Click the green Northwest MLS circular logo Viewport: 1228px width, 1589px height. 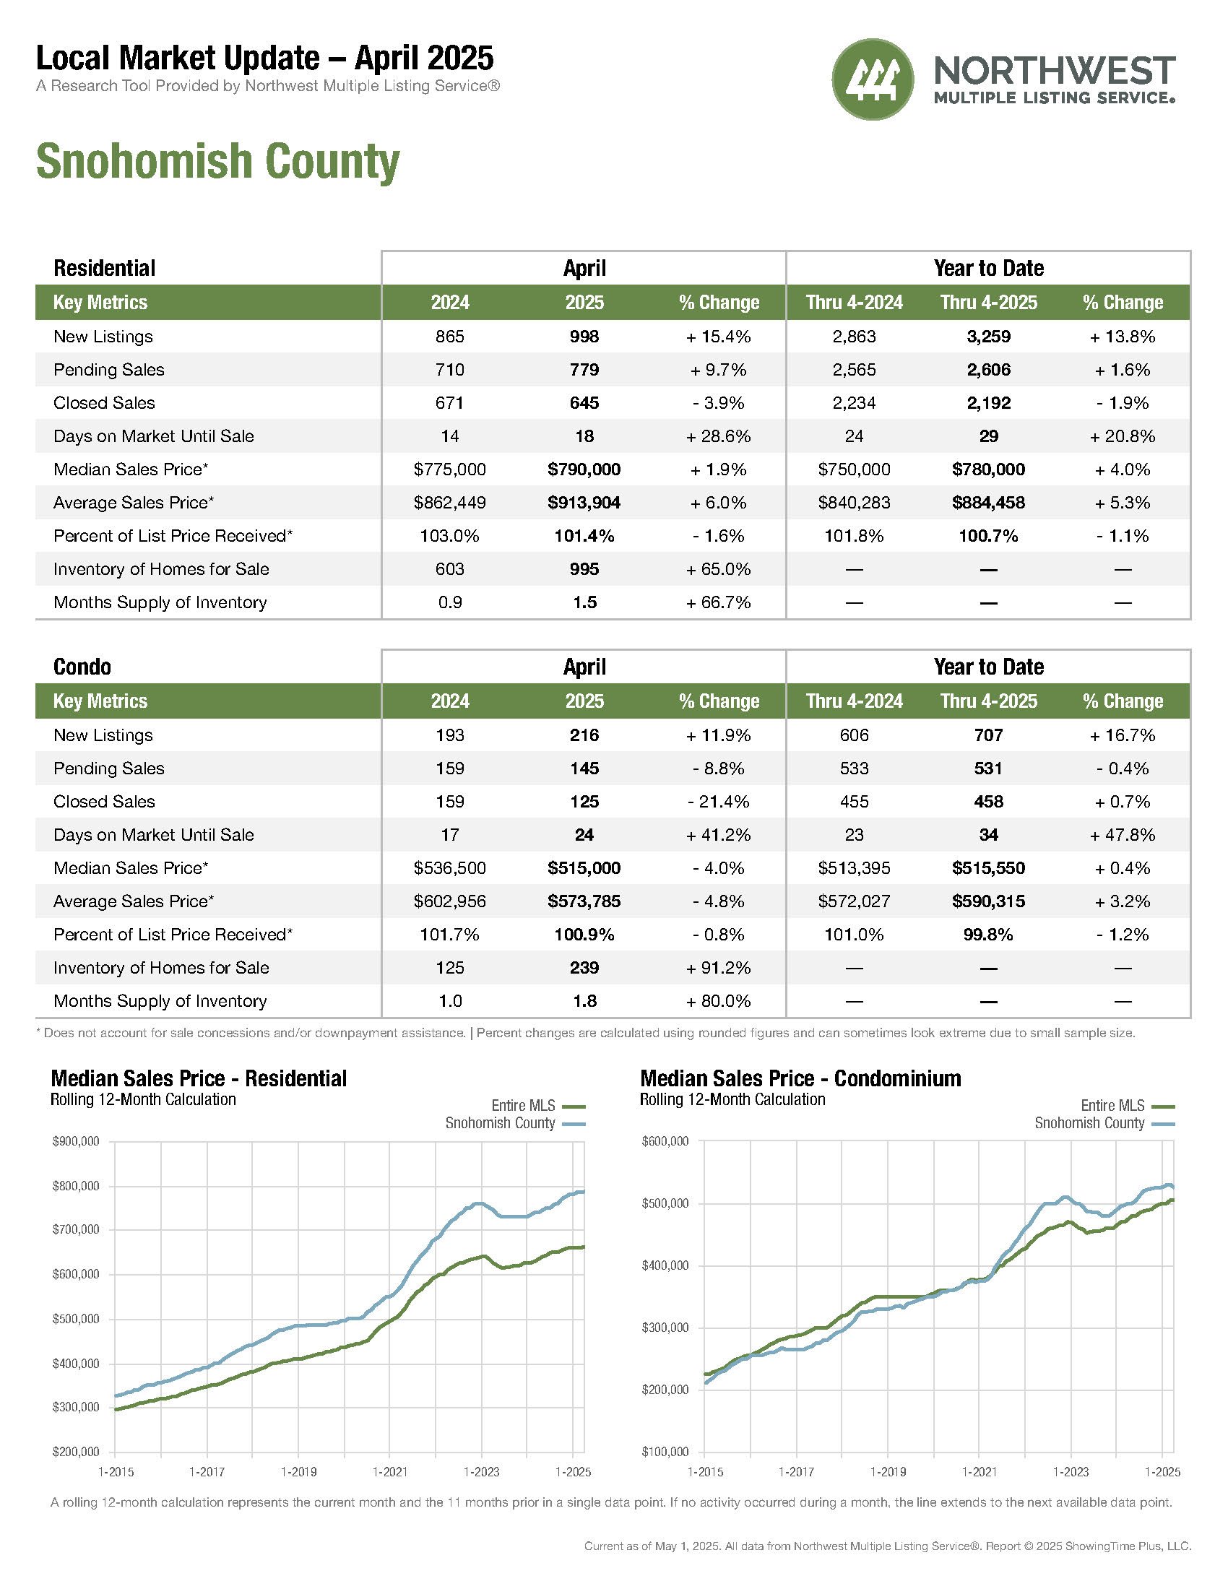point(873,79)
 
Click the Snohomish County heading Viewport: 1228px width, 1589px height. point(217,162)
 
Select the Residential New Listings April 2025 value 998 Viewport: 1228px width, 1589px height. point(584,336)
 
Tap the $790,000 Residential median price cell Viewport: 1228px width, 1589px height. point(584,469)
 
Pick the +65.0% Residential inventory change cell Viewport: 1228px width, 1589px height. point(719,569)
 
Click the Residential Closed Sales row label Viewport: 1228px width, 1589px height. point(104,403)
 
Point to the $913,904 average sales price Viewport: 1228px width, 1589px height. point(584,503)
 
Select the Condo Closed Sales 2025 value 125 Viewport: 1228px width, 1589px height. point(584,802)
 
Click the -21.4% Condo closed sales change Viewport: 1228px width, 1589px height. point(719,802)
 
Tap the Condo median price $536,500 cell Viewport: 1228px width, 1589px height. point(449,868)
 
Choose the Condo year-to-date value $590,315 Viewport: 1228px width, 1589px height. point(989,901)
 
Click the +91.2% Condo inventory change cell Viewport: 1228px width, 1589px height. point(719,968)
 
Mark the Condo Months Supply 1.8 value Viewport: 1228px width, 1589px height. point(584,1001)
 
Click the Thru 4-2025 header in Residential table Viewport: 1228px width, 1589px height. point(989,302)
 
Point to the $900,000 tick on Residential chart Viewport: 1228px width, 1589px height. point(76,1141)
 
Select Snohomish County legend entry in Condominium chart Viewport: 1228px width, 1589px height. point(1104,1123)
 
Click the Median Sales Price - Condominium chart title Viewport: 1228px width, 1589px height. point(800,1078)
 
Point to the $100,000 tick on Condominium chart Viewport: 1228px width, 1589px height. point(665,1452)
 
